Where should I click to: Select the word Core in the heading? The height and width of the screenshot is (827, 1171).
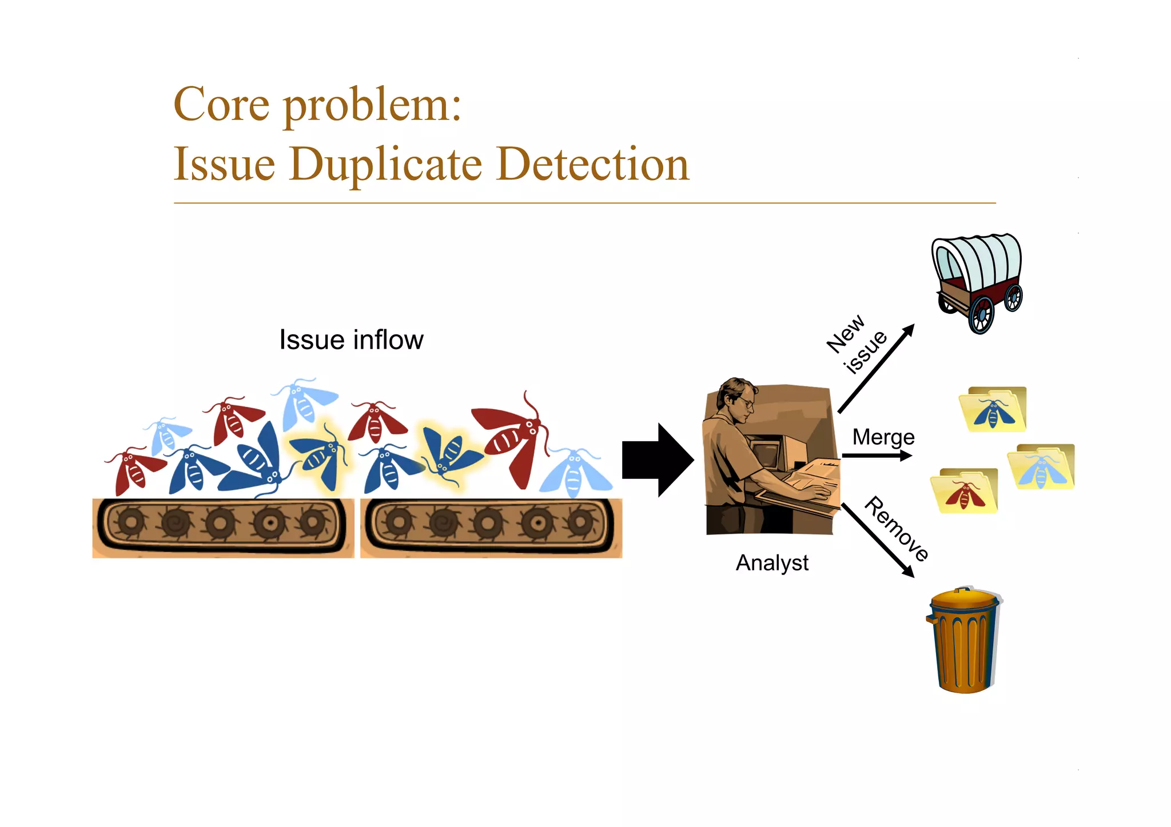tap(221, 105)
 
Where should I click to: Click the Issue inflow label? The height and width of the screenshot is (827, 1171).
tap(351, 339)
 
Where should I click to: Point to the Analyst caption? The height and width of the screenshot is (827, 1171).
tap(772, 563)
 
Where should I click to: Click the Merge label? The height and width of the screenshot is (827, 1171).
tap(883, 437)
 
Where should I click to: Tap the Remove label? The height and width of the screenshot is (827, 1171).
tap(896, 529)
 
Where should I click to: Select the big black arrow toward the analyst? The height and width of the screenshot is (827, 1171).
tap(658, 460)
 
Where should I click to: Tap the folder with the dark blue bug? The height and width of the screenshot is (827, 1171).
tap(993, 410)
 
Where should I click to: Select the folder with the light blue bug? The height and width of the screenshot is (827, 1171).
tap(1041, 467)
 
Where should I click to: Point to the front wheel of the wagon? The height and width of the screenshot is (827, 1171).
tap(982, 314)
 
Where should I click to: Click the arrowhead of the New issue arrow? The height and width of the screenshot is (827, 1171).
tap(909, 330)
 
